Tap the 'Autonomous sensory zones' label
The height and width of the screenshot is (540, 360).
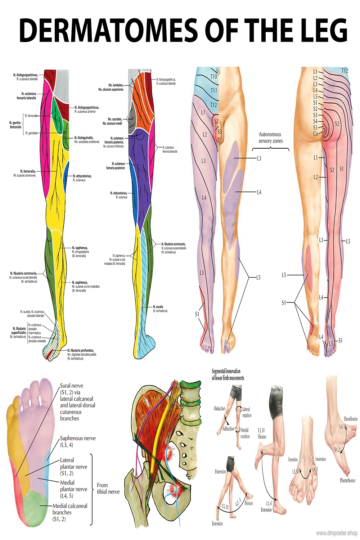[x=270, y=138]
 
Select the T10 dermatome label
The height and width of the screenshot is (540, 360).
[x=213, y=76]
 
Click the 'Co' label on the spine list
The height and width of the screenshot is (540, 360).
[x=315, y=134]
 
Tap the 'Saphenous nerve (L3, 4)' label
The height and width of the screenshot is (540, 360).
[x=77, y=441]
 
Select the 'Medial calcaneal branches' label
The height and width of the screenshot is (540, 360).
[x=69, y=512]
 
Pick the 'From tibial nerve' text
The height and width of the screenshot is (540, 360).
[x=108, y=488]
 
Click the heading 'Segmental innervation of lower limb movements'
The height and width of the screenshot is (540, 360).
[x=228, y=374]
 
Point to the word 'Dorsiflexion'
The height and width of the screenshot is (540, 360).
[x=350, y=419]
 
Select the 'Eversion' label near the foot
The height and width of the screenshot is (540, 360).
[x=293, y=460]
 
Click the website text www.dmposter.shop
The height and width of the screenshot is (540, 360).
[x=337, y=533]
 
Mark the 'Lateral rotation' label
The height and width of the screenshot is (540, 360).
[x=247, y=412]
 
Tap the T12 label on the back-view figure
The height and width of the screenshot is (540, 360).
[x=345, y=71]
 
